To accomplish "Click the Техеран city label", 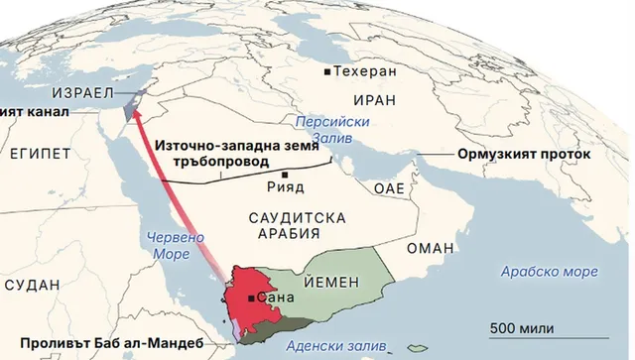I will point(366,72).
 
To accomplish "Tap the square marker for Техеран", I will point(327,73).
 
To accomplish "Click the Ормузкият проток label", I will point(524,156).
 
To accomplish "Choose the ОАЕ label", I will point(389,188).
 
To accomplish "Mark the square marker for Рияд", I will point(286,174).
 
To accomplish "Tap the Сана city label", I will point(274,297).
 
